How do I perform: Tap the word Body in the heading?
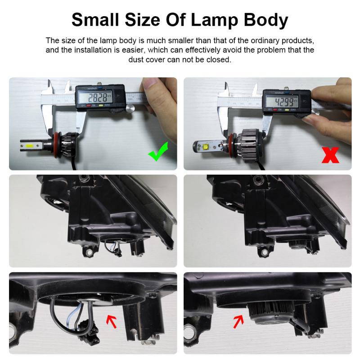coord(265,20)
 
